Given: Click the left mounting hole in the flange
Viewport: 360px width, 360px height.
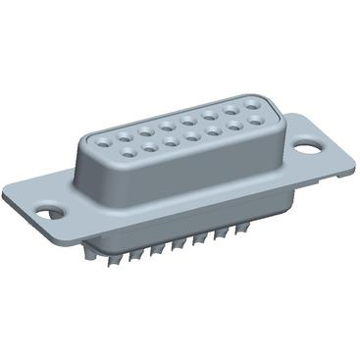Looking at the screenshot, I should [x=46, y=210].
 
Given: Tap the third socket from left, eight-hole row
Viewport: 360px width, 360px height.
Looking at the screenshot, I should [x=145, y=131].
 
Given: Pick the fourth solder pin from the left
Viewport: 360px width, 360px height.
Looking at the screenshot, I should [x=156, y=247].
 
